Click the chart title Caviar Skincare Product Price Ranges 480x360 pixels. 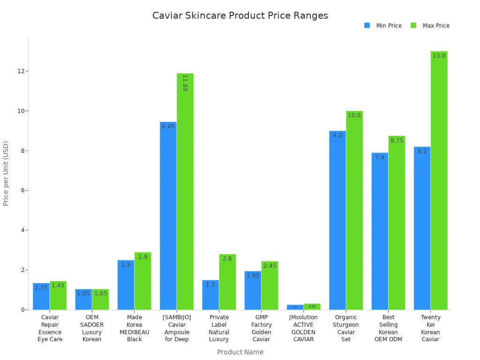pos(240,15)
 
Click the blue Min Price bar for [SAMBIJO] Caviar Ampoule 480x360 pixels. pos(168,216)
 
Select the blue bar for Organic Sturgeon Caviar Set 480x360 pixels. pos(337,220)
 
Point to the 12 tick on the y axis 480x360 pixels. pos(21,71)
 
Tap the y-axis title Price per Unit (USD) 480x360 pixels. pos(6,173)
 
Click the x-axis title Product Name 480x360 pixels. pos(240,352)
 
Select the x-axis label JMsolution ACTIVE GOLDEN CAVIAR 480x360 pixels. pos(303,328)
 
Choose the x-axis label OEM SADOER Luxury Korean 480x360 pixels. pos(92,328)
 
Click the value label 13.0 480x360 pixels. pos(439,56)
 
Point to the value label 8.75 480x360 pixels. pos(397,141)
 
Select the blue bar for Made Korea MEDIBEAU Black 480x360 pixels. pos(126,285)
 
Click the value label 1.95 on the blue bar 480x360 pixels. pos(253,276)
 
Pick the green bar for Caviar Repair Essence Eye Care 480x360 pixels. pos(58,296)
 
